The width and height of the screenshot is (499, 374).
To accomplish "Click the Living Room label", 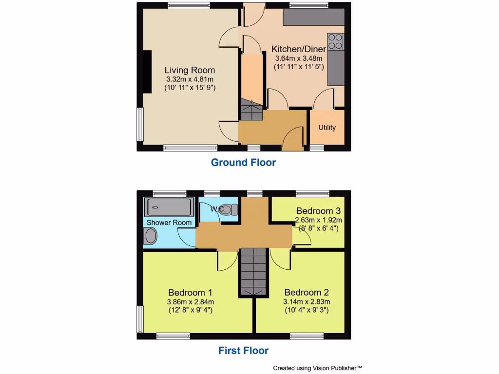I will [x=190, y=70].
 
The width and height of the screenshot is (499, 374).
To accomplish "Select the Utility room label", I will [x=327, y=128].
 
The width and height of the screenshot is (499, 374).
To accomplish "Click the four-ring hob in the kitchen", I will [x=336, y=41].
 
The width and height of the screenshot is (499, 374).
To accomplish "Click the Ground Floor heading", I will [x=243, y=163].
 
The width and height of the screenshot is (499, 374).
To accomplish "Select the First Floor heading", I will [x=243, y=350].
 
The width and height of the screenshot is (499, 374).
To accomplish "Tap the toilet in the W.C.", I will [x=229, y=209].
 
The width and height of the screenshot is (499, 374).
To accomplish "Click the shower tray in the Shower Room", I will [x=169, y=208].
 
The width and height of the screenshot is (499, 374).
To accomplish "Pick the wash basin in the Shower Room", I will [x=151, y=237].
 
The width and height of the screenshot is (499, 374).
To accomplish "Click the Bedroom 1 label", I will [x=190, y=293].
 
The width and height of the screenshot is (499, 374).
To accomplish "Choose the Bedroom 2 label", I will [x=307, y=293].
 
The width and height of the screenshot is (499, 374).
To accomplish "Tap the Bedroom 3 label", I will [x=318, y=211].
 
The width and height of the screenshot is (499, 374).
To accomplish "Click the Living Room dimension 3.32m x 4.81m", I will [x=190, y=79].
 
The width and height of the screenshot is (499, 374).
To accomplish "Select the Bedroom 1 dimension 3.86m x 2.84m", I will [x=190, y=301].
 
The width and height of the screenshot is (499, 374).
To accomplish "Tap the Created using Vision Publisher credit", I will [x=317, y=368].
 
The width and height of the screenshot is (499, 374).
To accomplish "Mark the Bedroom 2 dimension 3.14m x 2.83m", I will [x=307, y=301].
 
